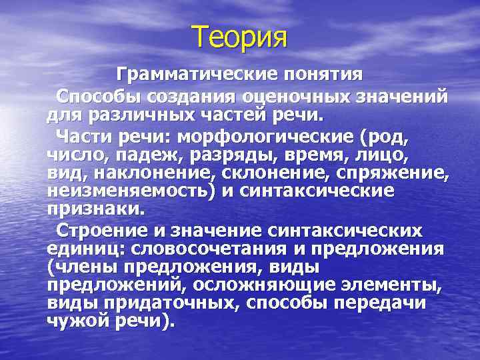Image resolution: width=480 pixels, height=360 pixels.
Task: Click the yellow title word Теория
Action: tap(240, 36)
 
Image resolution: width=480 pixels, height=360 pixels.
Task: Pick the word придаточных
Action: tap(171, 302)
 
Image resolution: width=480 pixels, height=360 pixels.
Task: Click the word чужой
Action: tap(73, 320)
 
